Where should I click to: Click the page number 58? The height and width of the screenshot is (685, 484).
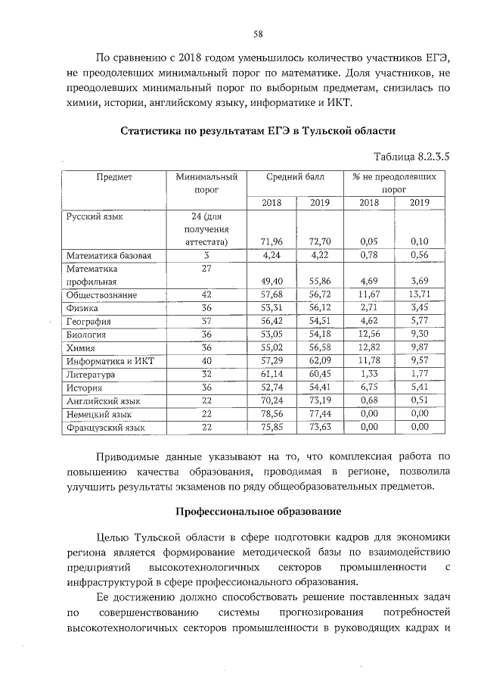click(x=257, y=34)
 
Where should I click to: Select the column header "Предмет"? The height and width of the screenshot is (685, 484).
click(x=114, y=176)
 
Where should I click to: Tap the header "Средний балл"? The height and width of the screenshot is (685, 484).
click(x=296, y=176)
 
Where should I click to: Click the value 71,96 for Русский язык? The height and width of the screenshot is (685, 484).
click(x=271, y=241)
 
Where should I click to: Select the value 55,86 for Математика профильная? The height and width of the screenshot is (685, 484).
click(x=321, y=279)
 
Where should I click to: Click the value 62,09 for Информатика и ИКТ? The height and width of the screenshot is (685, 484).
click(x=321, y=361)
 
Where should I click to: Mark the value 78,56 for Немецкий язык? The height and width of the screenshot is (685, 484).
click(x=271, y=415)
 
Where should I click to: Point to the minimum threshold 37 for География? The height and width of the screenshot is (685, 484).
click(x=206, y=321)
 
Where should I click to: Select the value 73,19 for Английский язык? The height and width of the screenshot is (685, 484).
click(x=321, y=401)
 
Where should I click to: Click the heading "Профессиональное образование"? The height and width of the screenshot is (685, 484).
click(x=256, y=511)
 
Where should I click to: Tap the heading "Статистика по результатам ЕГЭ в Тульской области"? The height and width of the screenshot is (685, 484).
click(x=256, y=131)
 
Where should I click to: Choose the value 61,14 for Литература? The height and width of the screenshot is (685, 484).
click(x=271, y=375)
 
